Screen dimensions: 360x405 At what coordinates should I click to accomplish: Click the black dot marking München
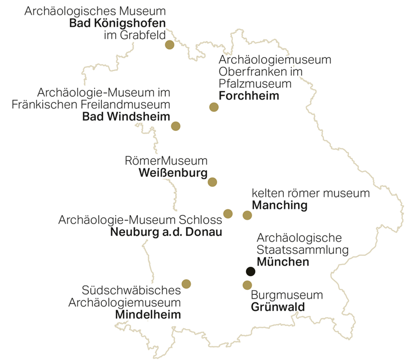[x=250, y=271]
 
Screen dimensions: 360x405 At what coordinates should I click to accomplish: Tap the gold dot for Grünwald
[x=247, y=285]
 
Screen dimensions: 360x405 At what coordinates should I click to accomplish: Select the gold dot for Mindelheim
[x=186, y=283]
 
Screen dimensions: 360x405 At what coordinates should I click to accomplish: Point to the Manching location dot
[x=247, y=215]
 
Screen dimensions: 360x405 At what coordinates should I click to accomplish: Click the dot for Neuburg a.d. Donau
[x=228, y=213]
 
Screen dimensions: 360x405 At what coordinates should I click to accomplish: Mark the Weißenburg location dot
[x=212, y=182]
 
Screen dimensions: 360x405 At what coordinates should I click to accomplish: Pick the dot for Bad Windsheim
[x=176, y=126]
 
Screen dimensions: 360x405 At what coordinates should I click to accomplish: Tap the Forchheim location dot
[x=214, y=107]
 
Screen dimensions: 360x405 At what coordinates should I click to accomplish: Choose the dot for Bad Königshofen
[x=169, y=45]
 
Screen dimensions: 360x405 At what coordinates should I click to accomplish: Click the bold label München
[x=283, y=262]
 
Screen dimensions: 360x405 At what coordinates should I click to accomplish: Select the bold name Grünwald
[x=278, y=307]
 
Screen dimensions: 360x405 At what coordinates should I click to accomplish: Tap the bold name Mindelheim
[x=148, y=315]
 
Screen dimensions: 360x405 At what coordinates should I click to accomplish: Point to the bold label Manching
[x=279, y=206]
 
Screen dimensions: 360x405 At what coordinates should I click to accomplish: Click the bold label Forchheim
[x=249, y=96]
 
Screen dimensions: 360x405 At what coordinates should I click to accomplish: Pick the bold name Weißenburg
[x=173, y=173]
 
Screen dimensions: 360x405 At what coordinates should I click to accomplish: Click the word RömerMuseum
[x=166, y=161]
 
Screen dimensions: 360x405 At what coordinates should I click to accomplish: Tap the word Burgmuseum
[x=287, y=296]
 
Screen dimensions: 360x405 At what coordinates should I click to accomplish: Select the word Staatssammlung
[x=303, y=250]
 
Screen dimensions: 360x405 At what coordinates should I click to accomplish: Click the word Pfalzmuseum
[x=255, y=84]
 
